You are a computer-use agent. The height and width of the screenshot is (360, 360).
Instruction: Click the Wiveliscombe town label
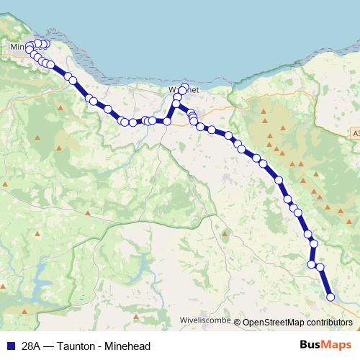pyautogui.click(x=204, y=323)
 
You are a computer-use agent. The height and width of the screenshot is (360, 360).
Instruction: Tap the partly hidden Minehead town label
pyautogui.click(x=18, y=48)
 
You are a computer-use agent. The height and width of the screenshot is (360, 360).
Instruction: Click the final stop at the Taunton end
pyautogui.click(x=330, y=297)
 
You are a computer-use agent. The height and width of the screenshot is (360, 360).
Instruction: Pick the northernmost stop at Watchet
pyautogui.click(x=184, y=88)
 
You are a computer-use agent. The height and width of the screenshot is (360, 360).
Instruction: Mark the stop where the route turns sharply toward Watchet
pyautogui.click(x=167, y=121)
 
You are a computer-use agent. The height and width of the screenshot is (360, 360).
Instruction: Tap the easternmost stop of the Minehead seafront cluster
pyautogui.click(x=46, y=44)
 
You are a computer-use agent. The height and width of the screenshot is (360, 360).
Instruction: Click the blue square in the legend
pyautogui.click(x=10, y=346)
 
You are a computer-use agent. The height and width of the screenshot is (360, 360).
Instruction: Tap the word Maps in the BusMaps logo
pyautogui.click(x=335, y=345)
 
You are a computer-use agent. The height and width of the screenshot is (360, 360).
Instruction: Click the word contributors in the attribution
pyautogui.click(x=328, y=323)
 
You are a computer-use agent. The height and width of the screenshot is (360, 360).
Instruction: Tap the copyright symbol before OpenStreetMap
pyautogui.click(x=238, y=323)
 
